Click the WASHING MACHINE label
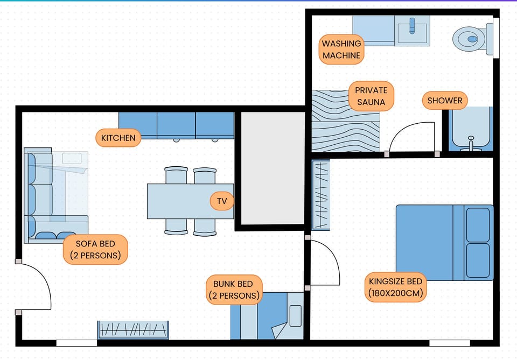pyautogui.click(x=341, y=50)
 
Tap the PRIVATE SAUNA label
pyautogui.click(x=371, y=96)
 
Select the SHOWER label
pyautogui.click(x=444, y=101)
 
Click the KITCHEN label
pyautogui.click(x=118, y=138)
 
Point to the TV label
pyautogui.click(x=222, y=202)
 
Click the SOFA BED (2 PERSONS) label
pyautogui.click(x=95, y=250)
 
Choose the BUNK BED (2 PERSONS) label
pyautogui.click(x=234, y=290)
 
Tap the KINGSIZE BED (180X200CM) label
pyautogui.click(x=396, y=287)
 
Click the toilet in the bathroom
pyautogui.click(x=470, y=38)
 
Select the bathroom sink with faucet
pyautogui.click(x=412, y=30)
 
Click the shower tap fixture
pyautogui.click(x=471, y=143)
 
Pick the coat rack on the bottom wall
pyautogui.click(x=133, y=329)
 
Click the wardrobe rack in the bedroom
pyautogui.click(x=321, y=195)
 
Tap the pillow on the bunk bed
pyautogui.click(x=295, y=316)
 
